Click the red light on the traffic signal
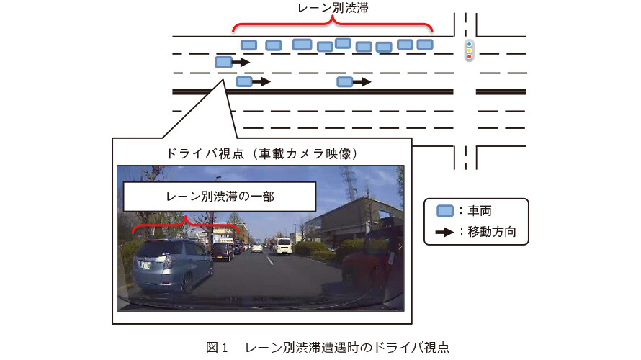470,56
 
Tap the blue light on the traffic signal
470,44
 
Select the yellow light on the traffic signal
470,50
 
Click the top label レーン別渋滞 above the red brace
333,8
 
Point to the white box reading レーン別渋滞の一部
220,197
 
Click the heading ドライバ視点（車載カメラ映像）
262,153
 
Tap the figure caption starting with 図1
328,347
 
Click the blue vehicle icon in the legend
445,211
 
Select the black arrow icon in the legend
444,232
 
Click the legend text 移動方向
492,232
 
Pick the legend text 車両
480,211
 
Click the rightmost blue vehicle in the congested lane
425,44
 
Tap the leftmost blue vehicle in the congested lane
248,45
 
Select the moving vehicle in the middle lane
223,62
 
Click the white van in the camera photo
283,246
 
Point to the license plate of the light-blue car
145,265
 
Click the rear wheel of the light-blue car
187,283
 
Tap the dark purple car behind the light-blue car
223,251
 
